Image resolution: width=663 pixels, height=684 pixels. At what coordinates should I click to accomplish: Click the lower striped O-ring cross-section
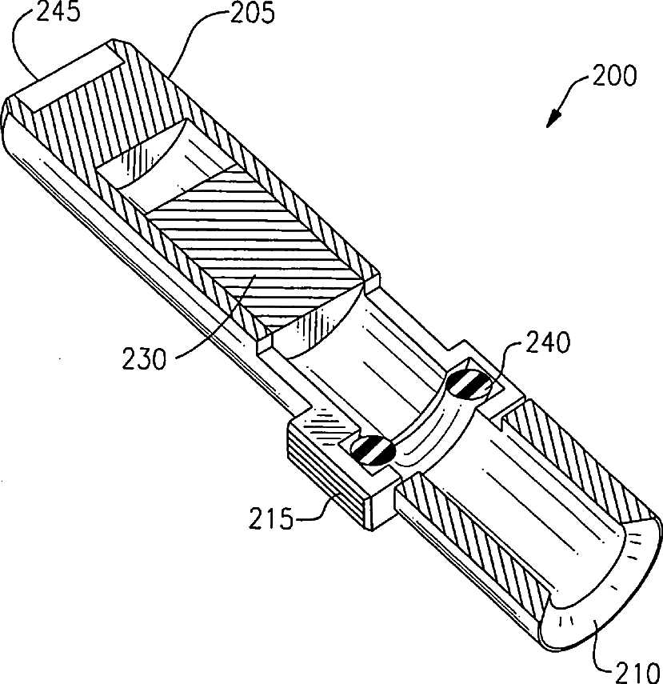coord(369,449)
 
